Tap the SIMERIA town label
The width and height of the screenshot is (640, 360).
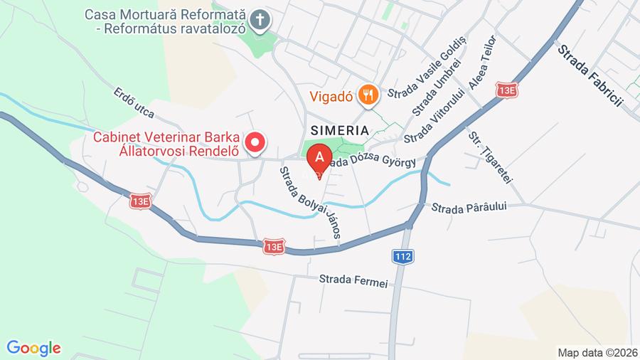[339, 131]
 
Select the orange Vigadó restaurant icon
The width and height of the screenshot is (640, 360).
[368, 95]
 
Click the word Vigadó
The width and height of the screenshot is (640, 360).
[332, 95]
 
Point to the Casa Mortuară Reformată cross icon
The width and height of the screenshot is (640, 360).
[261, 21]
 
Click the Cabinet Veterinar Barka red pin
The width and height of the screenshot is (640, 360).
[255, 142]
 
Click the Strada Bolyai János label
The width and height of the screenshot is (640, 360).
[311, 203]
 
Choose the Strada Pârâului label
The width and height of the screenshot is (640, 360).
[469, 208]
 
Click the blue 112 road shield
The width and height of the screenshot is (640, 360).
[402, 255]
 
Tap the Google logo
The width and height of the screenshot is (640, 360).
[33, 348]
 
